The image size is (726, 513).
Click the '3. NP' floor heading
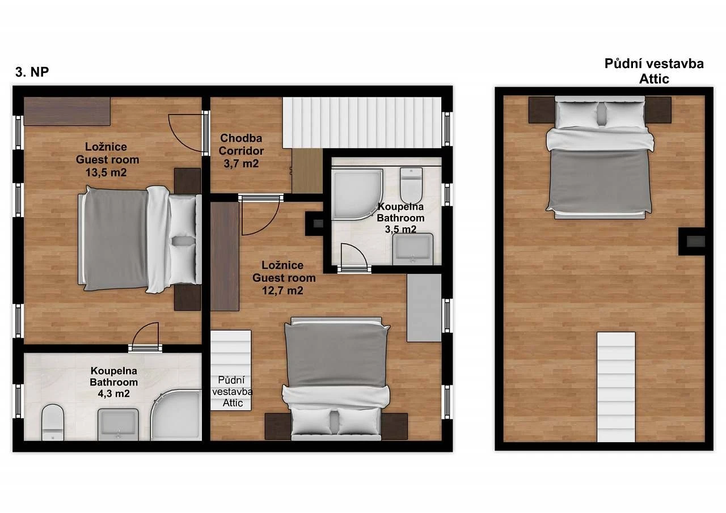pos(32,72)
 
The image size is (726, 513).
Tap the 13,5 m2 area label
pos(106,172)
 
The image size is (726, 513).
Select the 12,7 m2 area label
pos(282,290)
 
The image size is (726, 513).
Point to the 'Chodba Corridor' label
pos(241,145)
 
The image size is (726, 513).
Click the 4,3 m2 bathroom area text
pos(114,393)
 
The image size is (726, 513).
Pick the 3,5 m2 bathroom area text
pos(400,230)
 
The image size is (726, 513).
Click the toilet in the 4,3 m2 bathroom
pos(53,422)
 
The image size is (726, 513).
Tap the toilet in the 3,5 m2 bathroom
pos(411,185)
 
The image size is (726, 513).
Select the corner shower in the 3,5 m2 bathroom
pos(357,194)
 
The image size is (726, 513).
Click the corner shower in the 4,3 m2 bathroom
pos(176,415)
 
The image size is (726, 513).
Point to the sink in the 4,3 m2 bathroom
pos(119,424)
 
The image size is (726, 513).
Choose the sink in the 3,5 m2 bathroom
pos(412,249)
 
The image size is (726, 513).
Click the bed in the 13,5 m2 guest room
pos(140,239)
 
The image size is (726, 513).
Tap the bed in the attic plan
pos(600,158)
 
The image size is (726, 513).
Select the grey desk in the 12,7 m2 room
pos(424,308)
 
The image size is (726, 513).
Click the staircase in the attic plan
pos(616,387)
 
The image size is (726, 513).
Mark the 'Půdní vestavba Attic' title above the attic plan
pos(654,71)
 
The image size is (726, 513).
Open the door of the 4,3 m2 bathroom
pos(145,337)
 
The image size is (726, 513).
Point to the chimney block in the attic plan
pos(691,241)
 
